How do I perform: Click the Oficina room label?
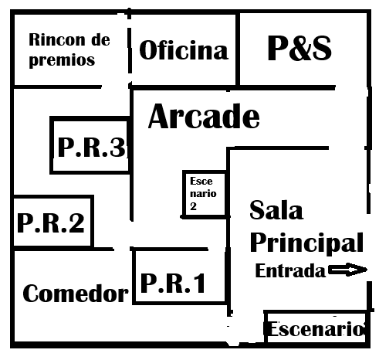coord(184,50)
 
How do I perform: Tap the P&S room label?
coord(299,48)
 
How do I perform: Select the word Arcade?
coord(204,116)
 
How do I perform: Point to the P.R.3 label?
coord(92,147)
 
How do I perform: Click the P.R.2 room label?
coord(51,223)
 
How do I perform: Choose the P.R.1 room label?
coord(173,284)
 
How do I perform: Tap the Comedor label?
coord(76,294)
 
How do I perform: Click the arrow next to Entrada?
coord(348,270)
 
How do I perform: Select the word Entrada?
coord(290,271)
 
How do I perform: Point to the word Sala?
coord(276,210)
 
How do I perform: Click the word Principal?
coord(306,243)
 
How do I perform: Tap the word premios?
coord(62,60)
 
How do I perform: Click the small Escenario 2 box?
coord(205,194)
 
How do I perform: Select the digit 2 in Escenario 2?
coord(193,206)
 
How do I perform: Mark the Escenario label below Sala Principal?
coord(316,329)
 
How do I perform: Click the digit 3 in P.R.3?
coord(118,147)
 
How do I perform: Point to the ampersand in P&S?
coord(299,48)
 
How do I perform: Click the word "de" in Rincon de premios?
coord(100,40)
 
